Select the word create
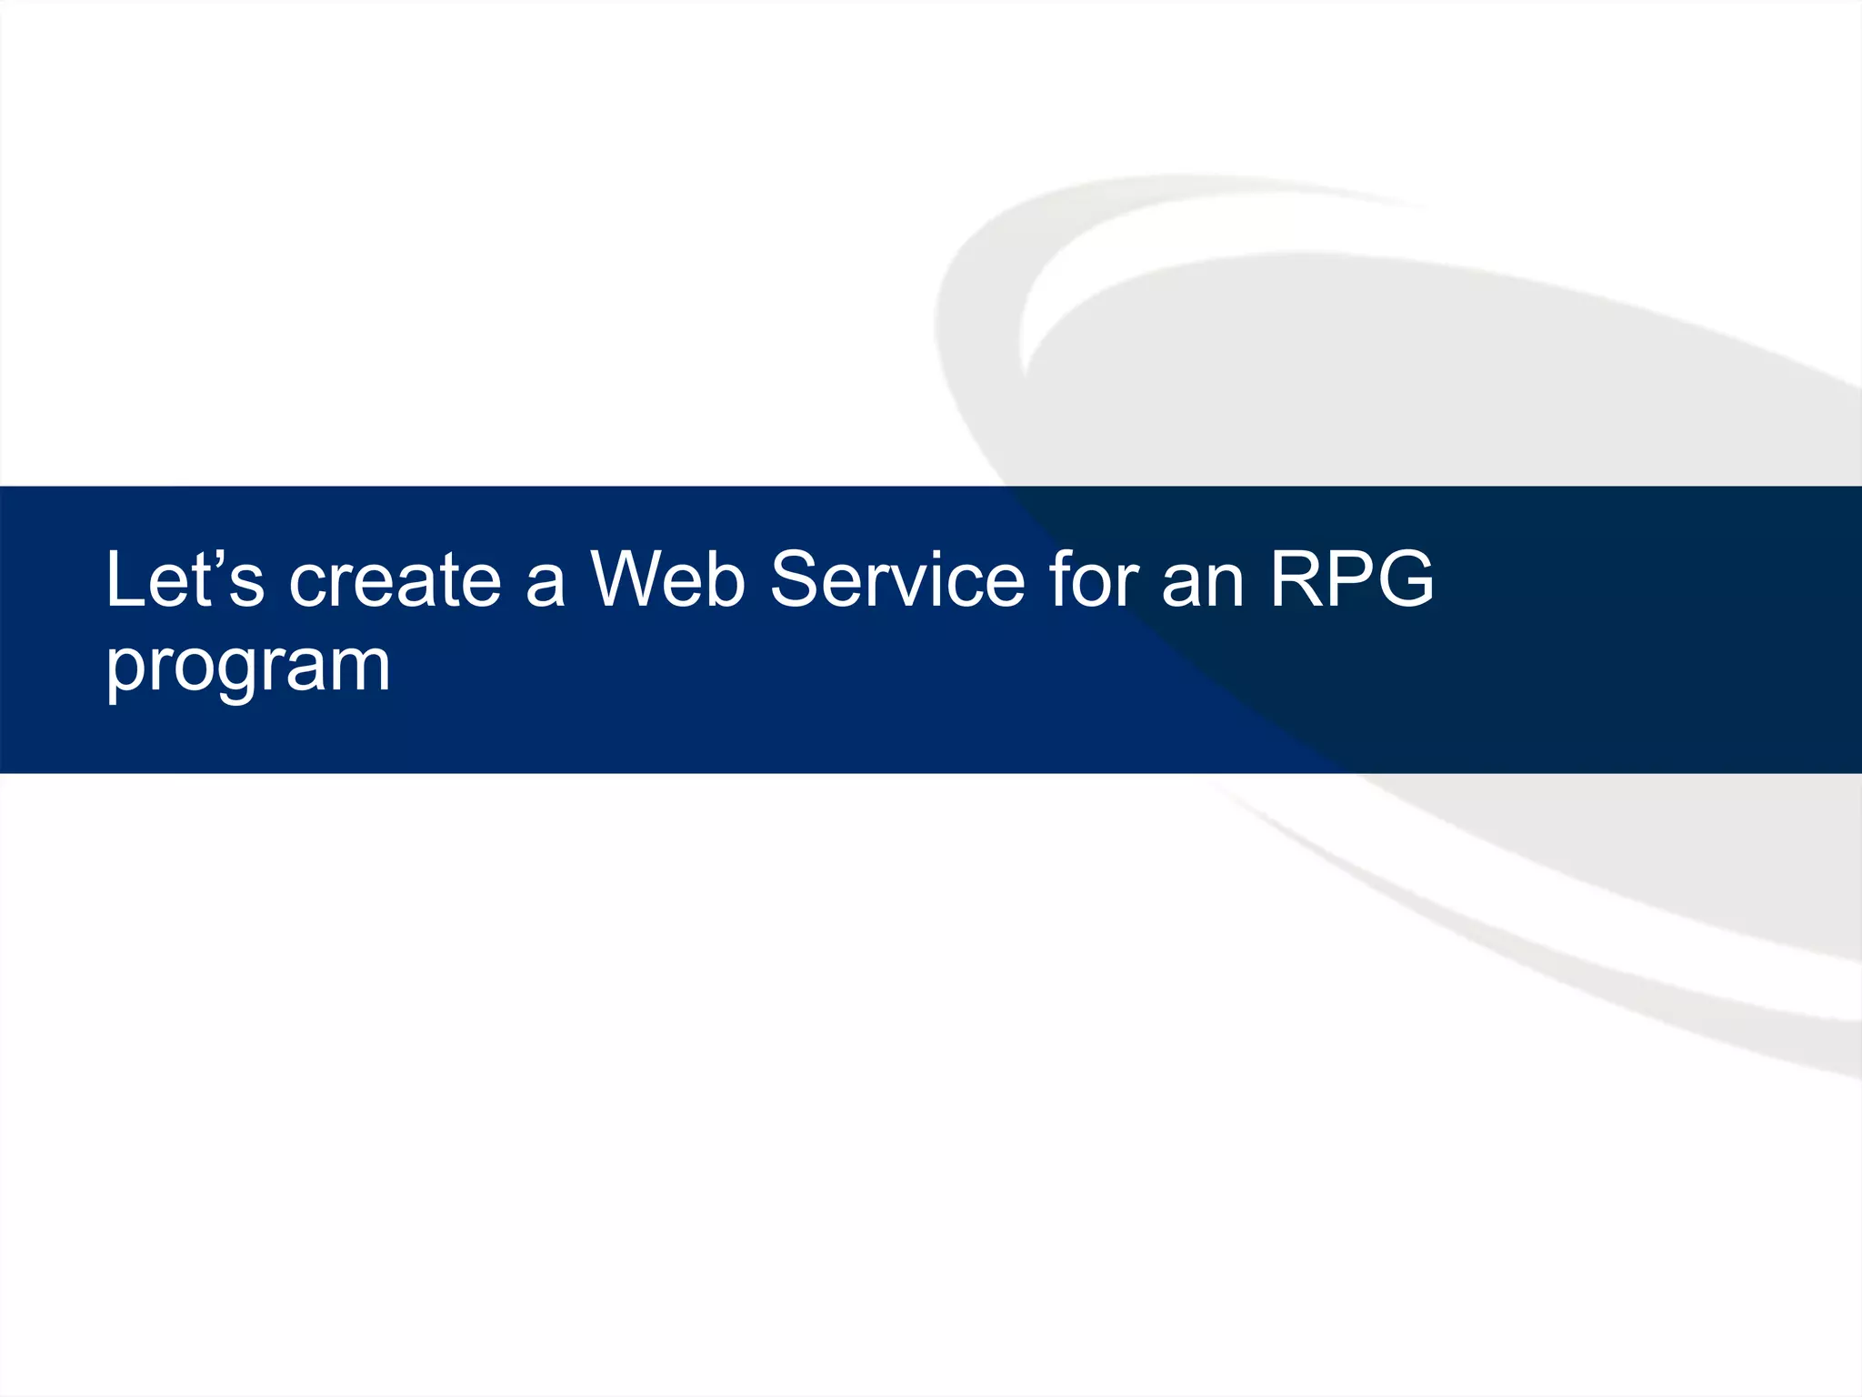click(395, 580)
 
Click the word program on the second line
click(247, 667)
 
